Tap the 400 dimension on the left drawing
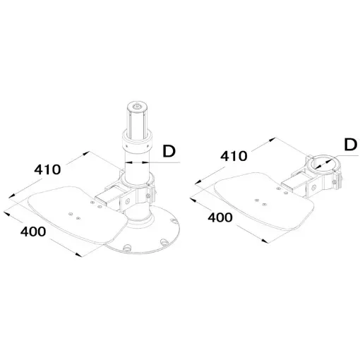tap(32, 232)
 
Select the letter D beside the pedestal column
tap(169, 150)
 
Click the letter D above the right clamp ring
tap(351, 145)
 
